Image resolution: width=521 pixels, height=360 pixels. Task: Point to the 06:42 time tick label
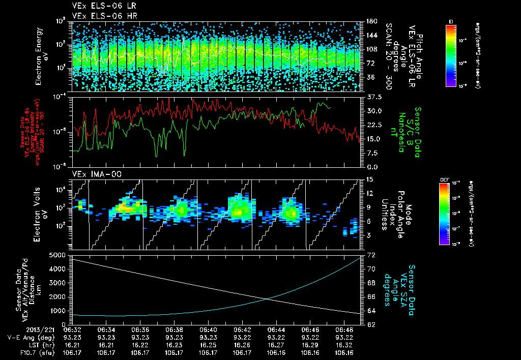[x=242, y=329]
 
